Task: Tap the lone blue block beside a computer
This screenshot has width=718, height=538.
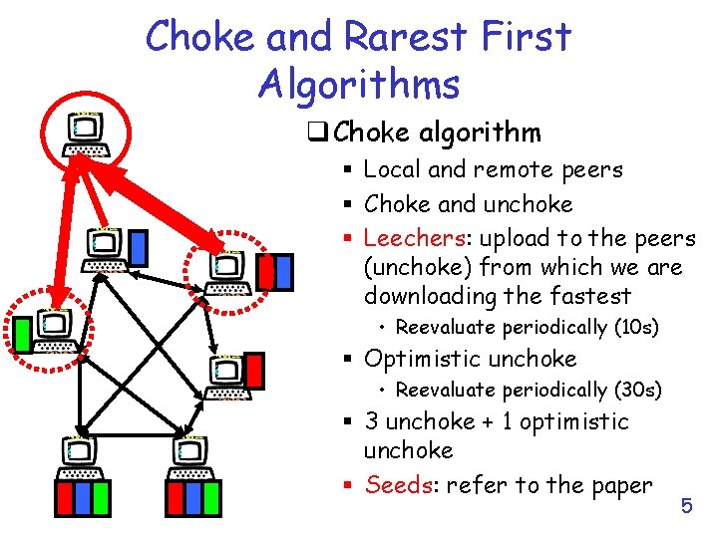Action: [x=139, y=245]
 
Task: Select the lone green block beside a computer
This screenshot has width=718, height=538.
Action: [x=21, y=334]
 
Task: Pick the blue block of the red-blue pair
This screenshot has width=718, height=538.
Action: [x=284, y=269]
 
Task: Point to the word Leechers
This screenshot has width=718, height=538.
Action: [x=409, y=238]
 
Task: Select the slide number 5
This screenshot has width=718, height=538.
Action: [x=686, y=506]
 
